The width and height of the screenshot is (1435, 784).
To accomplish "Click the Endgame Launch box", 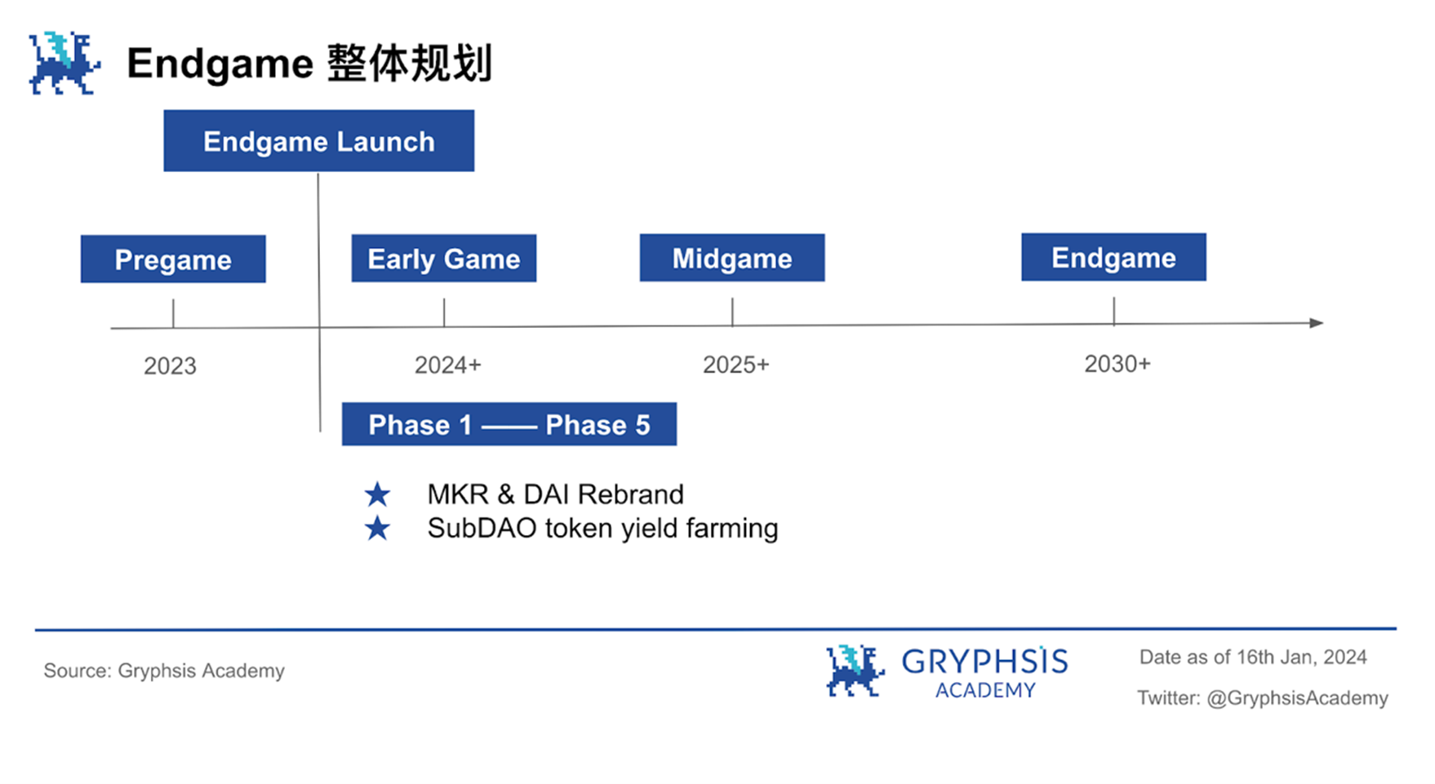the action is tap(318, 140).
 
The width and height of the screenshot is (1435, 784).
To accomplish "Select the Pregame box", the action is tap(173, 259).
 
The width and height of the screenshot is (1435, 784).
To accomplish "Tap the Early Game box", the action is tap(444, 258).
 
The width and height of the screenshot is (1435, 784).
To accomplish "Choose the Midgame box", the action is tap(732, 258).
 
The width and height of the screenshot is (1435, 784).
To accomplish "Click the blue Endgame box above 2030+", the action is tap(1113, 257).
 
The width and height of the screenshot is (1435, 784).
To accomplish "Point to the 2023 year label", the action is tap(170, 365).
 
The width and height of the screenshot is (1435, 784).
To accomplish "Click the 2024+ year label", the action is tap(448, 365).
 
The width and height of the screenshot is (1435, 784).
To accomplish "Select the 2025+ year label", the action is tap(736, 364).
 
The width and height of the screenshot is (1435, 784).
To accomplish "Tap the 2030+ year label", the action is tap(1117, 363).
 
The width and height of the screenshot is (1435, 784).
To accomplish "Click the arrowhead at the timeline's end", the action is tap(1317, 323).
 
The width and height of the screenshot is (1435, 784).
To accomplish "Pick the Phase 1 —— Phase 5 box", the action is tap(509, 424).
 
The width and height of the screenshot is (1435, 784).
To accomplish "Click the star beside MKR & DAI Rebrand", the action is tap(377, 494).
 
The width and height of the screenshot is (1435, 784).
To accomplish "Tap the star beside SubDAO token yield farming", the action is tap(377, 529).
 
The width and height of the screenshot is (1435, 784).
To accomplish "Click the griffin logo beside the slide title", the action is tap(64, 63).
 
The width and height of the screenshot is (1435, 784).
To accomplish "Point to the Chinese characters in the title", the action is tap(410, 64).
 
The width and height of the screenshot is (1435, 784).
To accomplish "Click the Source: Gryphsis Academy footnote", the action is tap(164, 671).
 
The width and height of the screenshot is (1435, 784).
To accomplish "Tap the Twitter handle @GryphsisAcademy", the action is tap(1297, 698).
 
